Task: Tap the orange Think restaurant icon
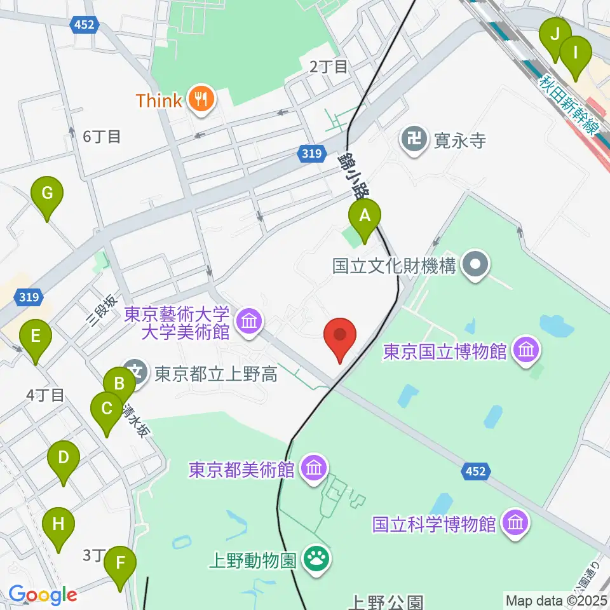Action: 201,100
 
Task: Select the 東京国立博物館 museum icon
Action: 527,350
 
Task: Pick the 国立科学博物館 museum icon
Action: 515,524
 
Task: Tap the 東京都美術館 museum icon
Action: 314,470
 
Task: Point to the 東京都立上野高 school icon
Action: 135,371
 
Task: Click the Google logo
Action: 43,595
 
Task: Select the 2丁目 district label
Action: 329,66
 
